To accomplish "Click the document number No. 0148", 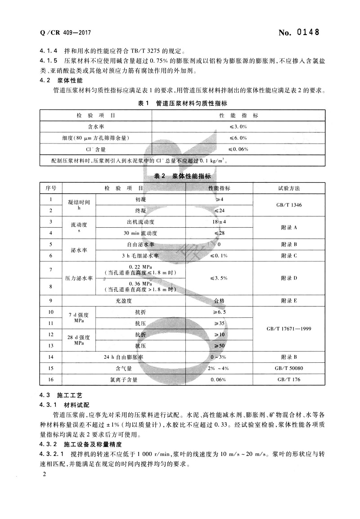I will click(x=299, y=32).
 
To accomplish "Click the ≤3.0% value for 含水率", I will click(x=238, y=127).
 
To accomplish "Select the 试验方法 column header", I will click(x=289, y=188).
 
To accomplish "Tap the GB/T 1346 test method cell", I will click(x=289, y=205).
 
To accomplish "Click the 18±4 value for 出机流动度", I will click(x=219, y=222).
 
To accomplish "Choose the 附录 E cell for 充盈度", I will click(x=289, y=300).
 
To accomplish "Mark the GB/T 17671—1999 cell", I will click(x=289, y=329).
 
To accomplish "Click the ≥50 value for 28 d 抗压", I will click(x=219, y=345).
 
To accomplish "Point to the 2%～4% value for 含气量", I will click(x=219, y=368).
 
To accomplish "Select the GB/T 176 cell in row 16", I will click(x=289, y=379).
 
